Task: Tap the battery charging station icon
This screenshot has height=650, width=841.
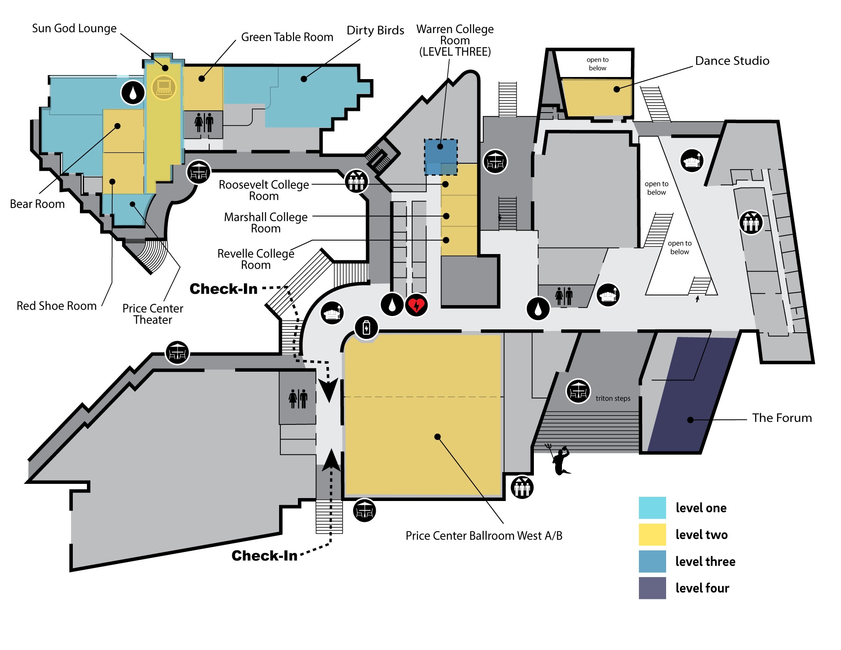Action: (367, 328)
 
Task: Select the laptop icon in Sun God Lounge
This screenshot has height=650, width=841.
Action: (164, 87)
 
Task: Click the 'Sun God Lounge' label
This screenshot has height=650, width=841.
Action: (74, 28)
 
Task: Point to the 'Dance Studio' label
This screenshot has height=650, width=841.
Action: (732, 61)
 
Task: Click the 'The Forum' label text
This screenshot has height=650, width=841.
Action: (782, 418)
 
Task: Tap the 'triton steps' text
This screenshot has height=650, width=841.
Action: (613, 398)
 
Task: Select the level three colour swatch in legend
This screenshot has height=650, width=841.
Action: (652, 561)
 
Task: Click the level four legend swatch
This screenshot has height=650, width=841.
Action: (652, 588)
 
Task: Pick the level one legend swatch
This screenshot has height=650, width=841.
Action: (652, 508)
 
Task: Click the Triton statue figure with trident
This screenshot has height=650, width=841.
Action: (560, 460)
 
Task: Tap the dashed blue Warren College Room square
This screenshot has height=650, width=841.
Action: (441, 157)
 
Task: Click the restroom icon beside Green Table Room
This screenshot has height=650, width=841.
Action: (204, 123)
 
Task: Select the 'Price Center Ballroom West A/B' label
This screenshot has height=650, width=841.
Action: (484, 536)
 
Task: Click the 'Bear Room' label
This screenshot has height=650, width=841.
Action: (37, 204)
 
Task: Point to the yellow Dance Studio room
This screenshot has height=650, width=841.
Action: (596, 97)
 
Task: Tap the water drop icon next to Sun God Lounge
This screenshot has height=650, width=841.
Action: (133, 92)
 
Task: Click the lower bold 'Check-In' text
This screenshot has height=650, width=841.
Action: (264, 556)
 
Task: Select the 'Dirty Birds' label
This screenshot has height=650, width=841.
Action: (375, 31)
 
